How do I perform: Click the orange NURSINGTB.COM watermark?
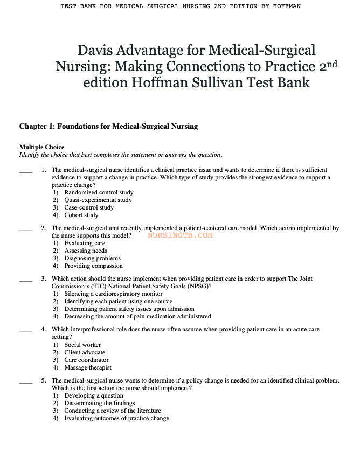179,235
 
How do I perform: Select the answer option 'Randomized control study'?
99,192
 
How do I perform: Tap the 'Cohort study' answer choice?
81,215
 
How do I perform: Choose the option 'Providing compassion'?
93,266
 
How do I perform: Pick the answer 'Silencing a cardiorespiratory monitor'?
113,294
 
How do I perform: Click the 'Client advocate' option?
85,352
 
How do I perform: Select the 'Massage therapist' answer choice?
88,367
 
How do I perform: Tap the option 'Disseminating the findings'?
99,403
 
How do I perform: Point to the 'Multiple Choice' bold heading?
41,147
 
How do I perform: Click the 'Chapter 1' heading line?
108,127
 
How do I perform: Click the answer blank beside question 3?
26,280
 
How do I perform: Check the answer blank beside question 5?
26,381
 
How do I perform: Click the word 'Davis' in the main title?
97,51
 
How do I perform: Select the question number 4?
44,330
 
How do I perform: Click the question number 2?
44,228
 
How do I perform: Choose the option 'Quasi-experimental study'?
98,200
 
